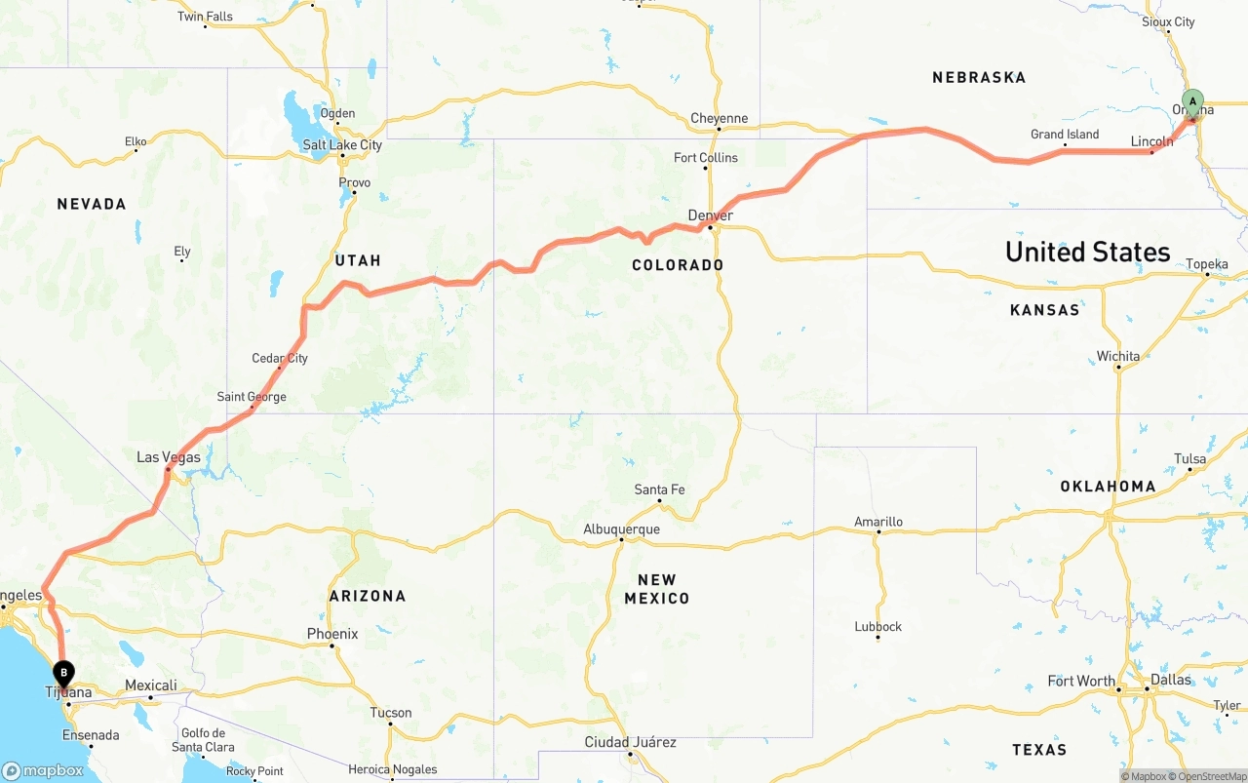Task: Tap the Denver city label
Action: pyautogui.click(x=710, y=215)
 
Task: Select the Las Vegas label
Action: pyautogui.click(x=169, y=457)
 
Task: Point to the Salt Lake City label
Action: pyautogui.click(x=342, y=145)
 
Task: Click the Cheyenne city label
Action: pyautogui.click(x=719, y=119)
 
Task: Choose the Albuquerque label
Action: pyautogui.click(x=621, y=529)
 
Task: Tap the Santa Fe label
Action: pyautogui.click(x=659, y=489)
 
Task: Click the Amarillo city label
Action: pyautogui.click(x=878, y=522)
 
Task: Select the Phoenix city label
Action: pyautogui.click(x=332, y=634)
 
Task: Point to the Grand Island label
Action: pyautogui.click(x=1065, y=135)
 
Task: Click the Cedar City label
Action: pyautogui.click(x=280, y=358)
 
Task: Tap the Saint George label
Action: pyautogui.click(x=252, y=397)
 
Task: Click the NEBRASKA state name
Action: pyautogui.click(x=979, y=77)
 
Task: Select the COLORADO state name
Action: pyautogui.click(x=678, y=265)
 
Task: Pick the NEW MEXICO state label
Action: pyautogui.click(x=656, y=589)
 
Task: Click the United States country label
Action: pyautogui.click(x=1087, y=252)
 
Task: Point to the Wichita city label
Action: pyautogui.click(x=1117, y=356)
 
